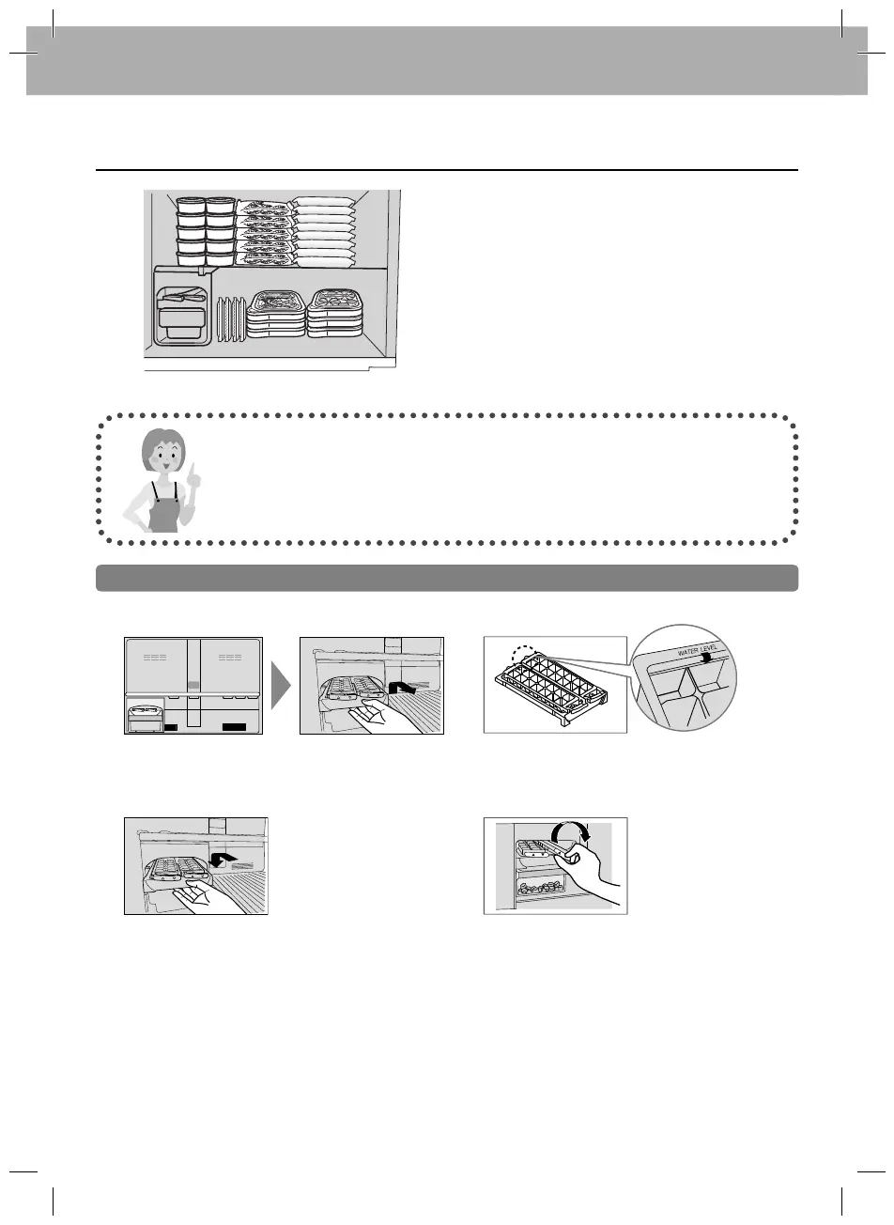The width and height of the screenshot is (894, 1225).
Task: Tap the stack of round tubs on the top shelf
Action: click(x=206, y=231)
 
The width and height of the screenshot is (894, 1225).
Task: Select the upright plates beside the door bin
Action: click(x=231, y=320)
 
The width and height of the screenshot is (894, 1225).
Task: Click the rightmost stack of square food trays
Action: click(x=334, y=313)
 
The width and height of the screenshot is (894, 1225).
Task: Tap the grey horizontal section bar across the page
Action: click(x=447, y=578)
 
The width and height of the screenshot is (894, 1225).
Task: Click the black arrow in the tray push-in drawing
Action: click(x=223, y=859)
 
